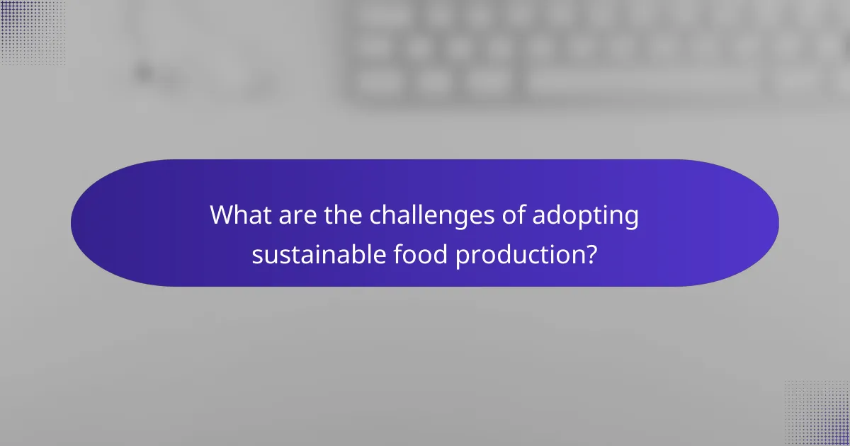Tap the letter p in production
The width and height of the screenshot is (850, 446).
coord(462,256)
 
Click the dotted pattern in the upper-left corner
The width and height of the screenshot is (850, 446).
coord(32,32)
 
